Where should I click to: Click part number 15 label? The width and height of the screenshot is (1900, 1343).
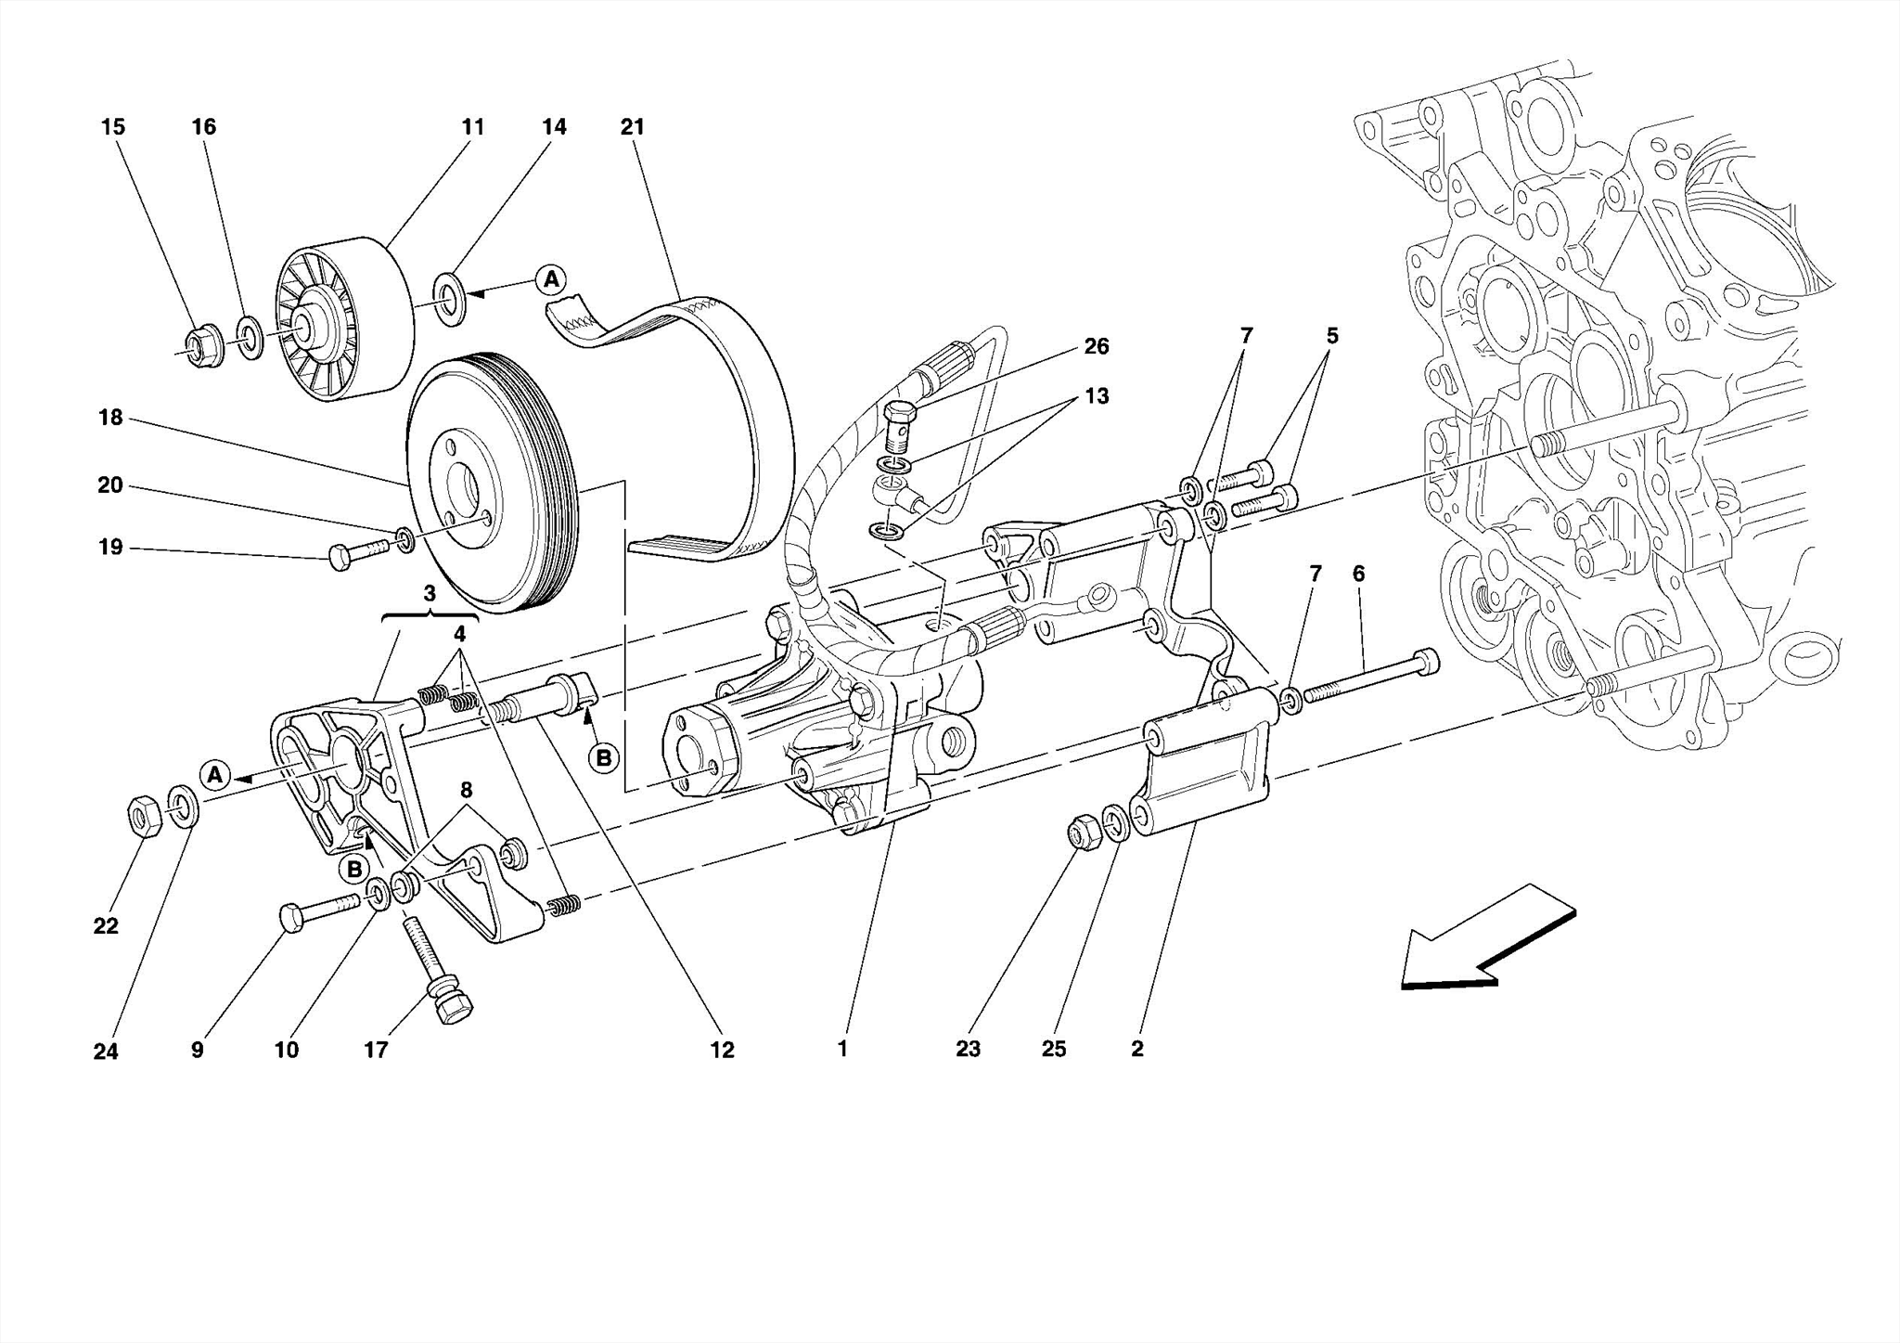point(112,127)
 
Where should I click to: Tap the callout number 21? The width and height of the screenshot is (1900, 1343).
point(632,127)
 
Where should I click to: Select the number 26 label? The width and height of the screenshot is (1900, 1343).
point(1096,346)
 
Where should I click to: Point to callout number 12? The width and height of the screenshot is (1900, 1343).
point(722,1050)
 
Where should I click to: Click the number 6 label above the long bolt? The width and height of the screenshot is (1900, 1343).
point(1358,574)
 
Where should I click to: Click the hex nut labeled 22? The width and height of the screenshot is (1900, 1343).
point(144,814)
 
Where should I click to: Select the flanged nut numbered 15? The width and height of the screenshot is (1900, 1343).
point(198,346)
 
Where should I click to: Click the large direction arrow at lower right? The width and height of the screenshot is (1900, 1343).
point(1484,937)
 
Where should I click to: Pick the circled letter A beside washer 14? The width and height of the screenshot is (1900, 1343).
point(551,278)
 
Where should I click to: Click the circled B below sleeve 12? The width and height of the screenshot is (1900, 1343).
point(603,758)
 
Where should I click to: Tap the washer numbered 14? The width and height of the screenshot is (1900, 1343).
point(451,299)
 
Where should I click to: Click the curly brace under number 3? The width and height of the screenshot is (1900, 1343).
point(430,615)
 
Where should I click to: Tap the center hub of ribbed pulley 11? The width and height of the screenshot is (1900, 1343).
point(306,325)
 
